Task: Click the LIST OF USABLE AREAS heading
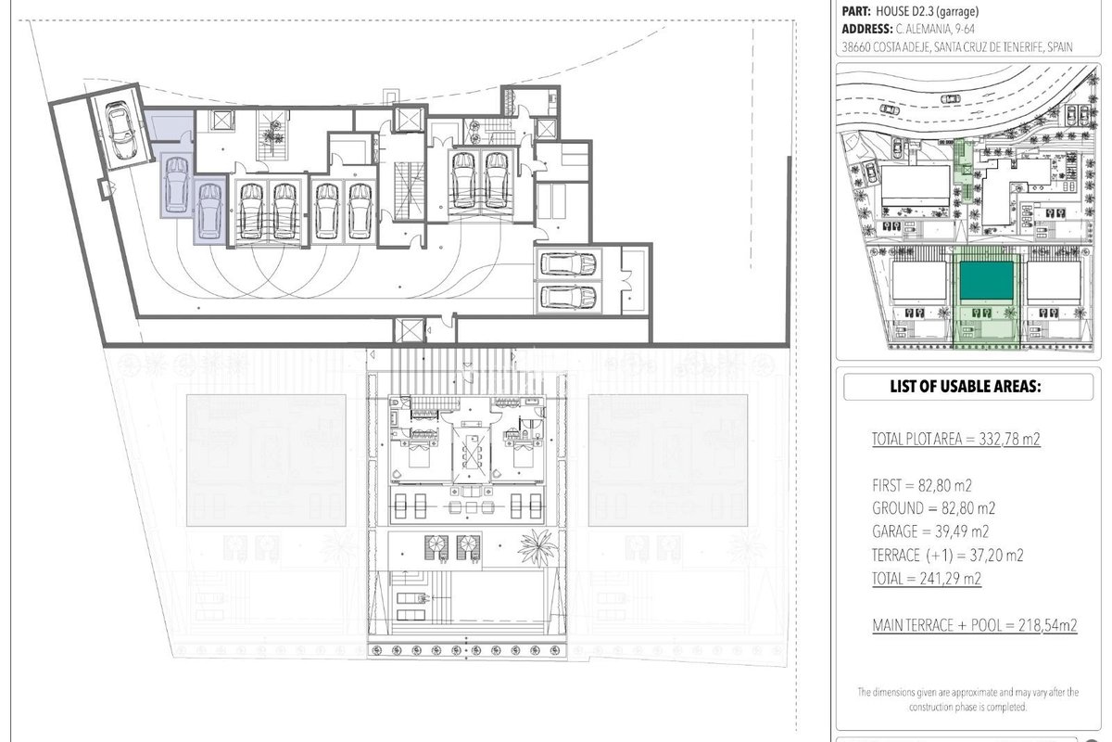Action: [x=965, y=386]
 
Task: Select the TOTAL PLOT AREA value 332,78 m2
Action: [x=1009, y=439]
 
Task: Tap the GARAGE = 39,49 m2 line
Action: [x=930, y=531]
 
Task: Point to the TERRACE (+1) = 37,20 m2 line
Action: [x=948, y=555]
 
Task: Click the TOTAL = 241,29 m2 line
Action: [x=927, y=578]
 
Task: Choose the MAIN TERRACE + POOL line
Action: [x=975, y=625]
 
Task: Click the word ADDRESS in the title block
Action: [x=866, y=29]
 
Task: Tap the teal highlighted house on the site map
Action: [x=986, y=281]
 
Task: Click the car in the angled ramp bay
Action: [x=120, y=130]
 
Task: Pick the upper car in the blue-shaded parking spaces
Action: [x=176, y=185]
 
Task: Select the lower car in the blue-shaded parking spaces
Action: [x=209, y=211]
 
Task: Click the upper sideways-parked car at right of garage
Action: [x=568, y=264]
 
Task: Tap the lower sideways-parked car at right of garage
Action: [x=568, y=298]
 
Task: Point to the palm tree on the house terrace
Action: [x=537, y=547]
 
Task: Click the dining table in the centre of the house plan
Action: [x=471, y=454]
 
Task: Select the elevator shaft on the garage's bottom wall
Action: [x=409, y=330]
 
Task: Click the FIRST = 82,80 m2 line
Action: [x=922, y=485]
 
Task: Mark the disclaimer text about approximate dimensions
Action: [x=968, y=699]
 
